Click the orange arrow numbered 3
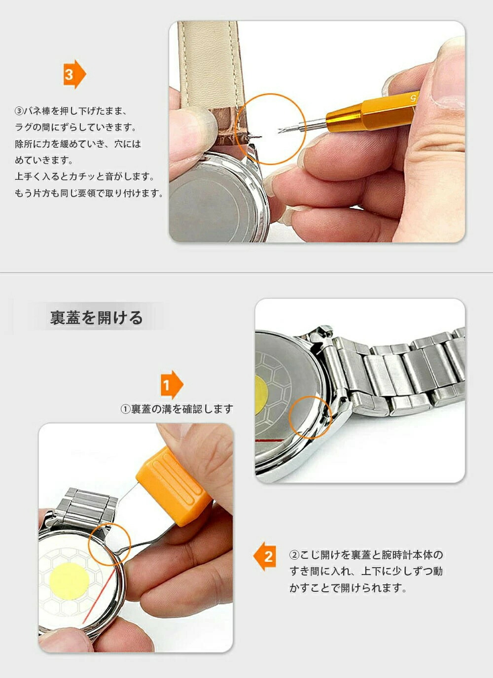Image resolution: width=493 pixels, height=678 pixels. [74, 74]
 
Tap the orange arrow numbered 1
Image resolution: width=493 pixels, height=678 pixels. [172, 385]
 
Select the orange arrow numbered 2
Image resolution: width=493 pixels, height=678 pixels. [265, 556]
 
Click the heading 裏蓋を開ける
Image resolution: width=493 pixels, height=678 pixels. [96, 317]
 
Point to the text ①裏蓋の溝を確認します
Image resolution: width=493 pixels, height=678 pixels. [177, 409]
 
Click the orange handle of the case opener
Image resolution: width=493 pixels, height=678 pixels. [174, 486]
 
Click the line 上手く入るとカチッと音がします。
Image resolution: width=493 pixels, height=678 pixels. [85, 176]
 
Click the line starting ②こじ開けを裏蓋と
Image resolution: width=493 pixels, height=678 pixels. [366, 555]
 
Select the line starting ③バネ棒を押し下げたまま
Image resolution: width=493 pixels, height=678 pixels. [70, 111]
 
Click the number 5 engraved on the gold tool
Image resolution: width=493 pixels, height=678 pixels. [413, 98]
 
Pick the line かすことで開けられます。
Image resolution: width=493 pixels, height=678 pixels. [348, 588]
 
